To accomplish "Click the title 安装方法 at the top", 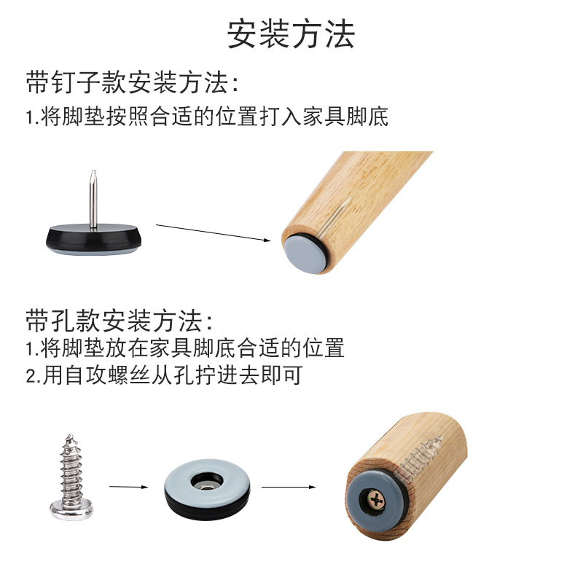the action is [x=291, y=34].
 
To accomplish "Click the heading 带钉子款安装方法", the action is [x=132, y=83].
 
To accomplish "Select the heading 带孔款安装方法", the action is [x=121, y=321].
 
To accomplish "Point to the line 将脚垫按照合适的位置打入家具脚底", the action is [x=207, y=117].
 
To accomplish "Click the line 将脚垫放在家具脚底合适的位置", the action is [x=185, y=348].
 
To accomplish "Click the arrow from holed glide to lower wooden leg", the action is [x=289, y=486].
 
